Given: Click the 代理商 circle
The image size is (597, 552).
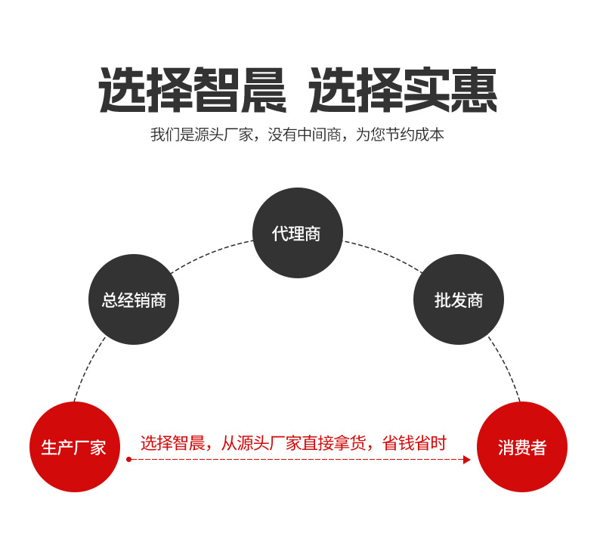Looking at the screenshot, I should (297, 233).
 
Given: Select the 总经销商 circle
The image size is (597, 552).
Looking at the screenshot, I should (134, 299).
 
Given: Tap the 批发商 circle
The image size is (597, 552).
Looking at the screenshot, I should (459, 299).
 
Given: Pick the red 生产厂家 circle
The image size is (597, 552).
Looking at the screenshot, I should (74, 447).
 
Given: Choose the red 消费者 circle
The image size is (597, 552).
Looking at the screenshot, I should (522, 447).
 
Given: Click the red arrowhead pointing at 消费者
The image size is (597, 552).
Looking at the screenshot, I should (466, 460).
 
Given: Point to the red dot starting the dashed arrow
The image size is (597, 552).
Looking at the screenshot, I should (129, 460).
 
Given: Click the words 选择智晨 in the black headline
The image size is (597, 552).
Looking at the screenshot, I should (193, 91).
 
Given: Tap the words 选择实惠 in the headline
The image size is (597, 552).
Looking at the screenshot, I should (403, 91).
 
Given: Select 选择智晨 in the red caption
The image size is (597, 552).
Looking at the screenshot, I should (172, 443).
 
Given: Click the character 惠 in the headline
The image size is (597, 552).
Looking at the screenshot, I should (474, 91).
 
